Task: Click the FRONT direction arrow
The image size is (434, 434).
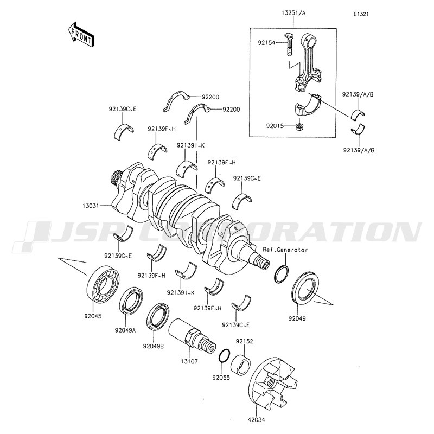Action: [81, 34]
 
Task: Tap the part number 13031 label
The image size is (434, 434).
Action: [91, 206]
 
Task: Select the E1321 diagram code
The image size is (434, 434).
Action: [361, 14]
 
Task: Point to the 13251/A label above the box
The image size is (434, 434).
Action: [293, 12]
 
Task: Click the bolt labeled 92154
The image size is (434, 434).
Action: [290, 44]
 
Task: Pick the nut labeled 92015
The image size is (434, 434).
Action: [299, 127]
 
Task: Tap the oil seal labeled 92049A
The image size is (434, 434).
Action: [131, 301]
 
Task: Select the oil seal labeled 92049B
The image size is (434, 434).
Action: [158, 317]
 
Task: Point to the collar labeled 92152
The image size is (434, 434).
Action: [240, 364]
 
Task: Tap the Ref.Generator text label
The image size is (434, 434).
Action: [285, 250]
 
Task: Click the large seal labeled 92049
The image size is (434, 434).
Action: [305, 288]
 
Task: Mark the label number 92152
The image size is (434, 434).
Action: [245, 341]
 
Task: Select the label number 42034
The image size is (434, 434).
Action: [256, 419]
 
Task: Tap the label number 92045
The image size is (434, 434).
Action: [93, 316]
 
